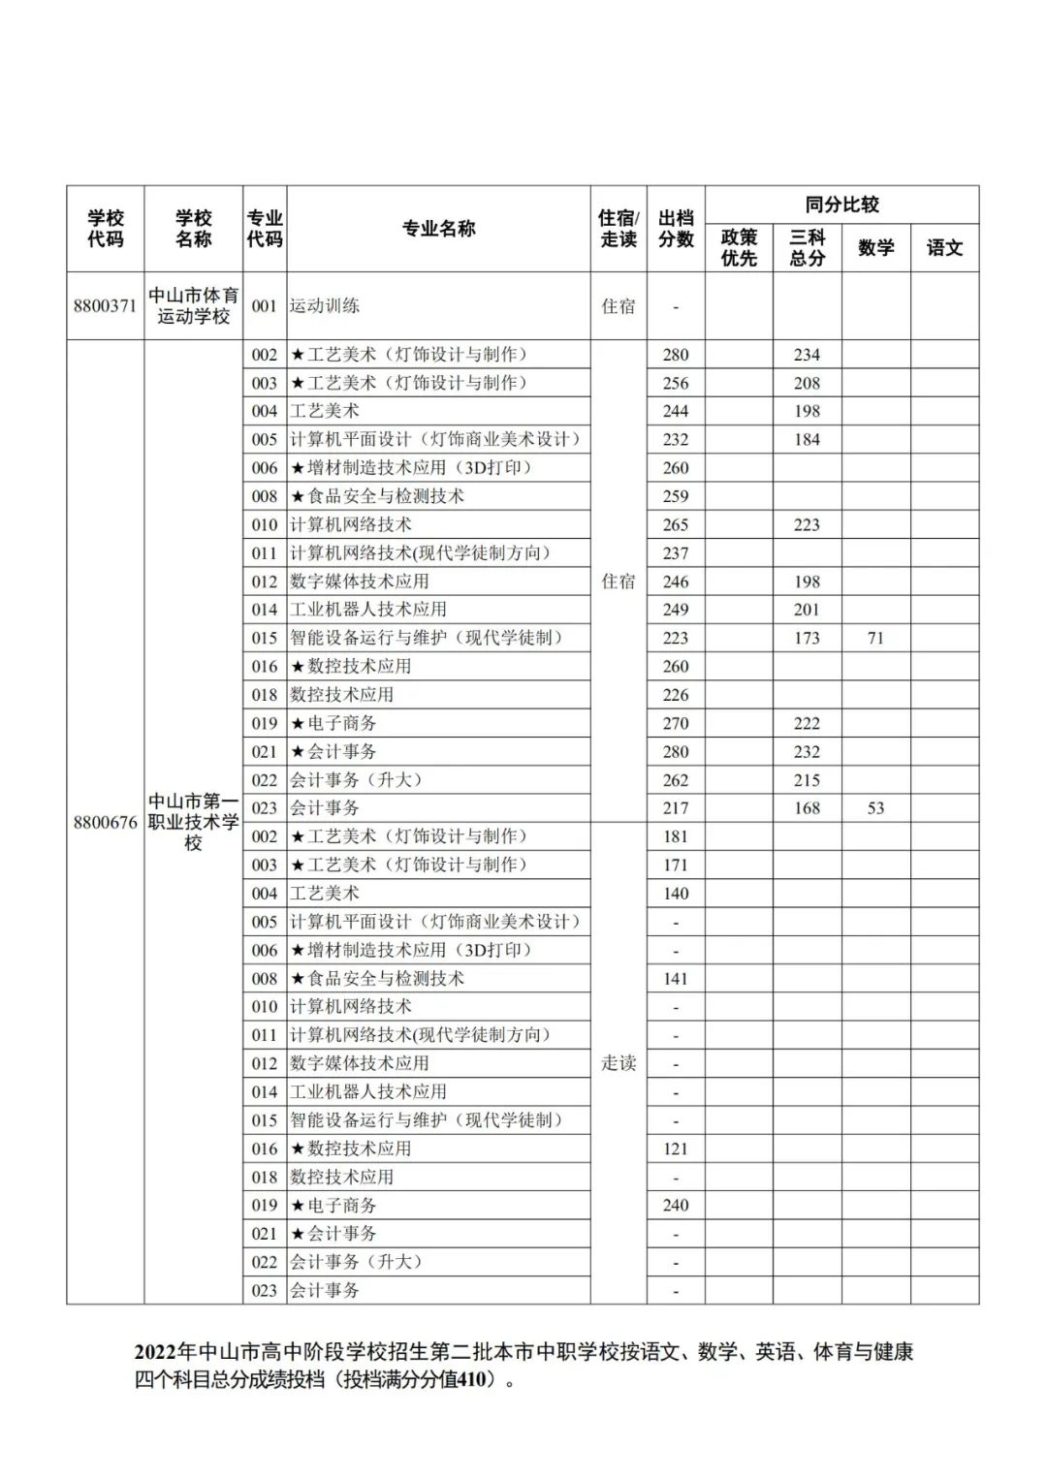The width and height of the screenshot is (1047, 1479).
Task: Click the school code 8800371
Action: pyautogui.click(x=105, y=306)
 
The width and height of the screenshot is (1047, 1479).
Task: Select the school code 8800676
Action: pyautogui.click(x=105, y=823)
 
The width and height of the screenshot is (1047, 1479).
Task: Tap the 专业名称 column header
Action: pyautogui.click(x=438, y=229)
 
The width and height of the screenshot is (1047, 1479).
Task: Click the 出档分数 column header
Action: pyautogui.click(x=676, y=229)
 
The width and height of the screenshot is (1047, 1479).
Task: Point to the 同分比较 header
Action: pyautogui.click(x=841, y=205)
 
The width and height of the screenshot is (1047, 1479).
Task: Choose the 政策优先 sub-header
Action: pyautogui.click(x=739, y=248)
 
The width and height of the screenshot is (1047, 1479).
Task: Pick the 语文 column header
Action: pyautogui.click(x=944, y=248)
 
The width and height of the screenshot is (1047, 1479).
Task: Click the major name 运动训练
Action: pyautogui.click(x=325, y=306)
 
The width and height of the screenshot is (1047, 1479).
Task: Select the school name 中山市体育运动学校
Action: pyautogui.click(x=193, y=306)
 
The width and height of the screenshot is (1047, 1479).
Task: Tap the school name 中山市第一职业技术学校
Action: pyautogui.click(x=193, y=822)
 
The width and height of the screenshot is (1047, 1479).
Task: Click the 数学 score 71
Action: pyautogui.click(x=875, y=638)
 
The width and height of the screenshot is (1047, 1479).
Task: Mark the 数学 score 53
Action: pyautogui.click(x=875, y=808)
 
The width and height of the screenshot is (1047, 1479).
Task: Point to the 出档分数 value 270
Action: pyautogui.click(x=676, y=723)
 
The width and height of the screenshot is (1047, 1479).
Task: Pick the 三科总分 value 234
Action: pyautogui.click(x=807, y=355)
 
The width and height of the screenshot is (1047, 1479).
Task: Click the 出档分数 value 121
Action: pyautogui.click(x=676, y=1149)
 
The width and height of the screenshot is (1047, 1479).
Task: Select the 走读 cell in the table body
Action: pyautogui.click(x=619, y=1063)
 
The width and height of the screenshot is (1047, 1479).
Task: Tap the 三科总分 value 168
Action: pyautogui.click(x=807, y=808)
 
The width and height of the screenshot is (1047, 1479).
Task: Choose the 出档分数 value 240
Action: pyautogui.click(x=676, y=1206)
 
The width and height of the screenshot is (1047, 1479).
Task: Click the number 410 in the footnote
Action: pyautogui.click(x=468, y=1379)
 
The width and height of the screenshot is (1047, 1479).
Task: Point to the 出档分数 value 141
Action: pyautogui.click(x=676, y=979)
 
